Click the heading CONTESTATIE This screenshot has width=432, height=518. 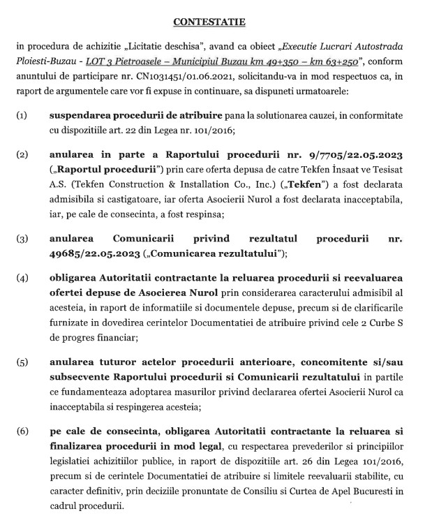(216, 22)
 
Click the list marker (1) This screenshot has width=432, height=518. (22, 114)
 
